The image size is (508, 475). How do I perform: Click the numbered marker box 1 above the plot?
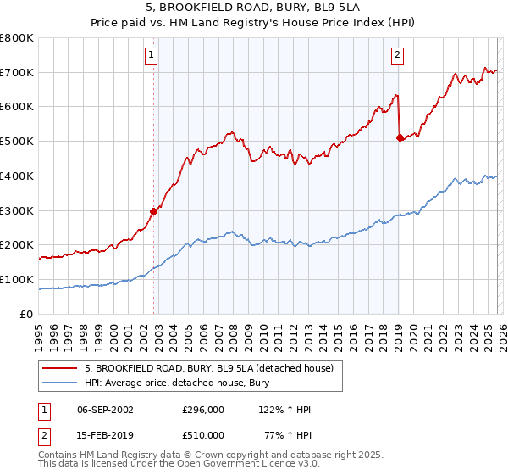click(x=151, y=56)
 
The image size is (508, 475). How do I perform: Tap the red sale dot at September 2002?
click(x=154, y=211)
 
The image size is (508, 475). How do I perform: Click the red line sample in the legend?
click(x=59, y=368)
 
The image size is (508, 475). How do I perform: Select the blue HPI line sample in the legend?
click(x=59, y=383)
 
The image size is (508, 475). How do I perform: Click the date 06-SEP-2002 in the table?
click(x=104, y=410)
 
